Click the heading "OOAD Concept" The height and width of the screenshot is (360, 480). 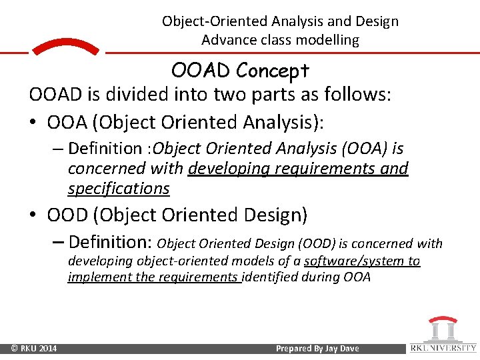(x=240, y=70)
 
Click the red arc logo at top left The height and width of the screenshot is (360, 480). (x=65, y=47)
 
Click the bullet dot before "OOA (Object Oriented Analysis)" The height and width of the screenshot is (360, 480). (x=34, y=123)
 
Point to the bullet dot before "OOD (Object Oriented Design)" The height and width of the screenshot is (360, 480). (x=34, y=215)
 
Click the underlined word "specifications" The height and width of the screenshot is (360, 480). (x=119, y=189)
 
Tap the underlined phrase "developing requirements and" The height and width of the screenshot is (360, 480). (x=298, y=169)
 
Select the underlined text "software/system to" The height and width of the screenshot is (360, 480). (x=362, y=261)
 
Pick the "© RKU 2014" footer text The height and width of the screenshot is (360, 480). (x=33, y=349)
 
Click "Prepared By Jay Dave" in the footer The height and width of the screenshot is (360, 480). (x=317, y=349)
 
